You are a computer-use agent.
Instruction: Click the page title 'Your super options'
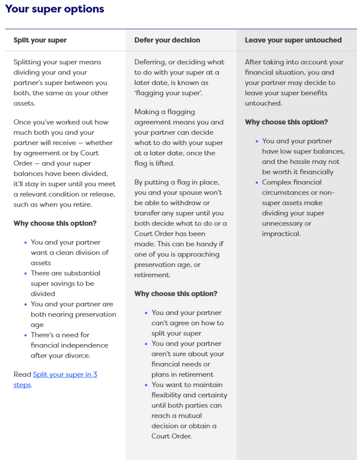[x=54, y=9]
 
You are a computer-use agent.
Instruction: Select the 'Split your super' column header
[x=40, y=40]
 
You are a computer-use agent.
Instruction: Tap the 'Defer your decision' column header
[x=167, y=40]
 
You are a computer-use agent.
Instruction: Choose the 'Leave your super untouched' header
[x=293, y=40]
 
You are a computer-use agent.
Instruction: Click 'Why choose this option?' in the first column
[x=55, y=223]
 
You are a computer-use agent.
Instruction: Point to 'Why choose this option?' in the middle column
[x=176, y=294]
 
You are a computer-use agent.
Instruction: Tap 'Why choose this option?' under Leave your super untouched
[x=286, y=122]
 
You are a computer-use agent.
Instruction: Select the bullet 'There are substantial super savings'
[x=66, y=283]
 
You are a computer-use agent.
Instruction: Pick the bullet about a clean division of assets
[x=69, y=252]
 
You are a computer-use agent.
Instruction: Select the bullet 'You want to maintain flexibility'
[x=189, y=410]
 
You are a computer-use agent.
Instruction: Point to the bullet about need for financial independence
[x=69, y=345]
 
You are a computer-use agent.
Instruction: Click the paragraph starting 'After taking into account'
[x=294, y=83]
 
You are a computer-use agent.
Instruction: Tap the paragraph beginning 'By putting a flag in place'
[x=180, y=228]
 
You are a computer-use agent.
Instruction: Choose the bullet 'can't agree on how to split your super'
[x=187, y=323]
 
